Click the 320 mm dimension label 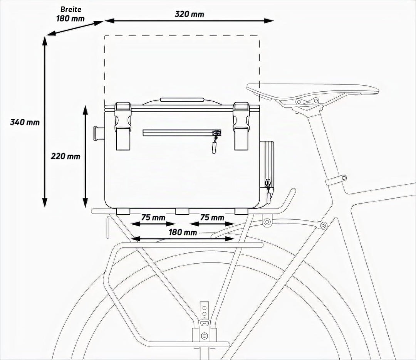point(190,14)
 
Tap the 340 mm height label point(25,122)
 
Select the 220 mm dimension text point(65,156)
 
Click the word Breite point(71,9)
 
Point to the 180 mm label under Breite point(70,19)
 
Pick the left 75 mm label point(153,217)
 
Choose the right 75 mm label point(212,217)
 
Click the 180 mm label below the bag point(183,232)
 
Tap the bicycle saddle point(312,90)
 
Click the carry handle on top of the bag point(182,100)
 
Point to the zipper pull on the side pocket point(268,195)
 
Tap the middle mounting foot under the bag point(182,211)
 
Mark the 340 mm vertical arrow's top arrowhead point(45,40)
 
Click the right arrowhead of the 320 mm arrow point(269,21)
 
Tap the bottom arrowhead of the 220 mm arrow point(85,203)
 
